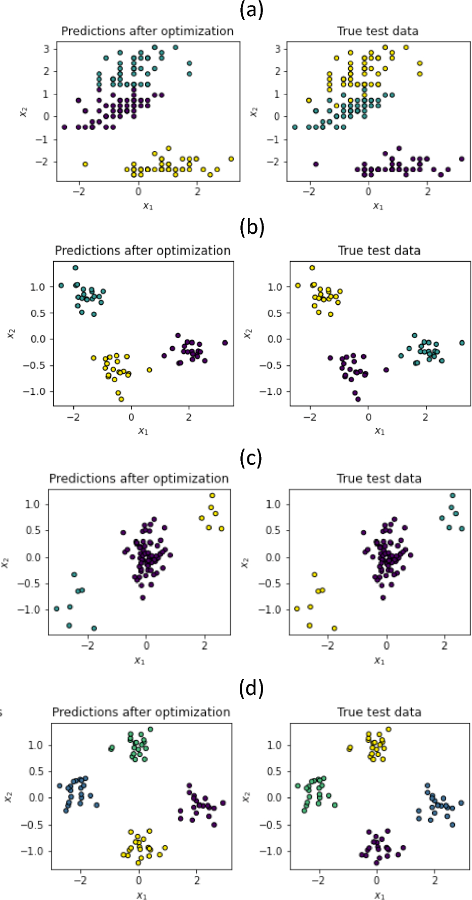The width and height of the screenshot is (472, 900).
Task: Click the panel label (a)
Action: coord(251,10)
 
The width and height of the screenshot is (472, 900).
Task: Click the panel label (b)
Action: coord(251,228)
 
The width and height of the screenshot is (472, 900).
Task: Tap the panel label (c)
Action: coord(251,458)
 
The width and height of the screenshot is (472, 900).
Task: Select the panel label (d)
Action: coord(251,688)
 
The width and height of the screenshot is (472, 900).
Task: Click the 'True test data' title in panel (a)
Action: coord(378,31)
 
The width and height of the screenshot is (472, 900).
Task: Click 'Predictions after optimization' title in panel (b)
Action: coord(143,251)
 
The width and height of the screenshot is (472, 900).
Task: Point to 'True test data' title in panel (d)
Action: coord(379,712)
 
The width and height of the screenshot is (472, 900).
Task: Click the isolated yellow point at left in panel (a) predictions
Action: coord(85,164)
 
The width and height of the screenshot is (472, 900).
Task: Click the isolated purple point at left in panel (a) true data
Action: coord(316,164)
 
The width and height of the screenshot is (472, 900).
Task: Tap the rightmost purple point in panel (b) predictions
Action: coord(225,343)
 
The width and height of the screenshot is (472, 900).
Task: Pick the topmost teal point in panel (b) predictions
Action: coord(75,268)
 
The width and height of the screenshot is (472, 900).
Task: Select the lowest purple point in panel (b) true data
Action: coord(358,399)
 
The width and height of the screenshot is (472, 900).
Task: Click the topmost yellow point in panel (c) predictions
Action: coord(212,496)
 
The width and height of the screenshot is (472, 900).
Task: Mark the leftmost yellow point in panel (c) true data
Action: coord(297,608)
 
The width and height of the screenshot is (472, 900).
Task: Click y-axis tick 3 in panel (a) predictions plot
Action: coord(47,49)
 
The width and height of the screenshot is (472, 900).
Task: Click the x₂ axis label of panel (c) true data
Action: coord(245,562)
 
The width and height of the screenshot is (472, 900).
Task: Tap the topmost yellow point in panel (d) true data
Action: coord(389,729)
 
